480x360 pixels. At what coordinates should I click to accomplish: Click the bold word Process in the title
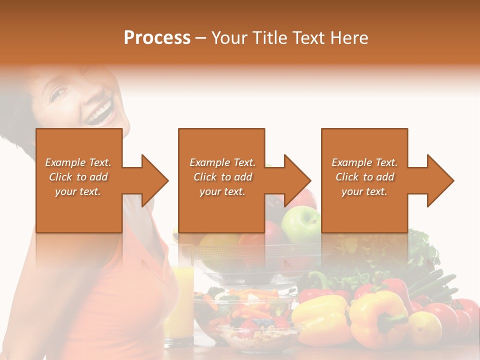click(157, 38)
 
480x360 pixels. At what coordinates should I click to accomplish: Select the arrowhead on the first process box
click(152, 180)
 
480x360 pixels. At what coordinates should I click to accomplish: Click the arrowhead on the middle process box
click(295, 180)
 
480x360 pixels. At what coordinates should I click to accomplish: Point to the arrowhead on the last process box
click(438, 180)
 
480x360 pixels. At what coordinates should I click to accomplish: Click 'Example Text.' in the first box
click(78, 162)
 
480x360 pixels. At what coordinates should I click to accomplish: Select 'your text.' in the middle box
click(222, 191)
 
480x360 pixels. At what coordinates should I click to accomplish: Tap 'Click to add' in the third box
click(364, 177)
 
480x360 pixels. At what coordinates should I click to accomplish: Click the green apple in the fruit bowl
click(300, 223)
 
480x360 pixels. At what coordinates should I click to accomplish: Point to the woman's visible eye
click(59, 93)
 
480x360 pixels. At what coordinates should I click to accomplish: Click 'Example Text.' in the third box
click(364, 162)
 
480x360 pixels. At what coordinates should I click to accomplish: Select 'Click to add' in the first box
click(78, 177)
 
